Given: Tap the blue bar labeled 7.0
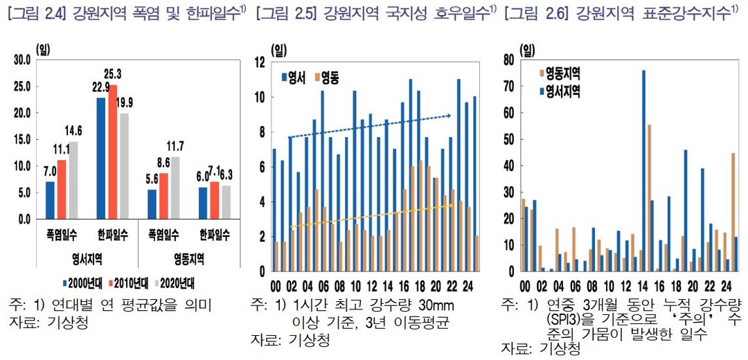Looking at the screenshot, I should pos(50,200).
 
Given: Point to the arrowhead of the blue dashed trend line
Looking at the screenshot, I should pos(451,116).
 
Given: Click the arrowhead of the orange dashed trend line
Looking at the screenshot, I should pos(451,196).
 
